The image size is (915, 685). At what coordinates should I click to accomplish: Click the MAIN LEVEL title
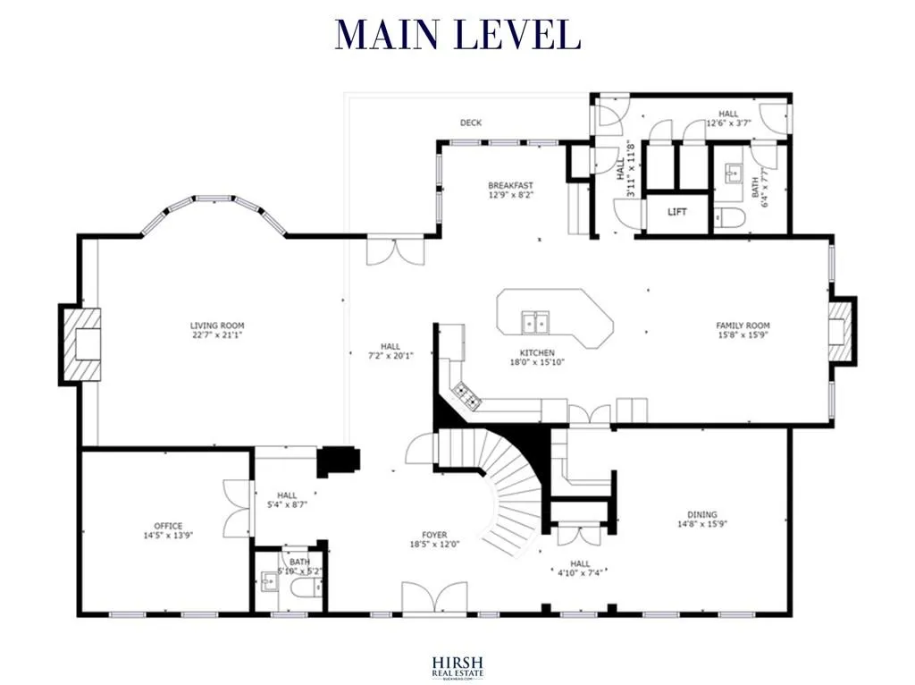coord(457,34)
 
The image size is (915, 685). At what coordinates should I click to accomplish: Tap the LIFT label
coord(677,213)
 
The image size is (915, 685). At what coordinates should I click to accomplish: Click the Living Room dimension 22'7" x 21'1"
coord(216,336)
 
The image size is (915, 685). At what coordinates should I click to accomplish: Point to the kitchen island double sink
coord(536,320)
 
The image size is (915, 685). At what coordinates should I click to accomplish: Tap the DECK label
coord(471,123)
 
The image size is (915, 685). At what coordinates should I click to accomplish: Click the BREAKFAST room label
coord(510,185)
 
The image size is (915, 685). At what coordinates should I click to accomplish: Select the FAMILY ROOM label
coord(743,326)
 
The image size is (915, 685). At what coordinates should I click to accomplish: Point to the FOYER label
coord(434,535)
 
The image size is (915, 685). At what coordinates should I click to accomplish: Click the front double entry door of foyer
coord(434,598)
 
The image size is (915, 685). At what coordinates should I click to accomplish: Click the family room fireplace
coord(839,331)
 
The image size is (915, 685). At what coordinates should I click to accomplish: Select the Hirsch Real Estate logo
coord(457,663)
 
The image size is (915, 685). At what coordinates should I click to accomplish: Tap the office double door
coord(237,509)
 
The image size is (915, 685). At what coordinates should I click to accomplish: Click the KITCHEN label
coord(537,353)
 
